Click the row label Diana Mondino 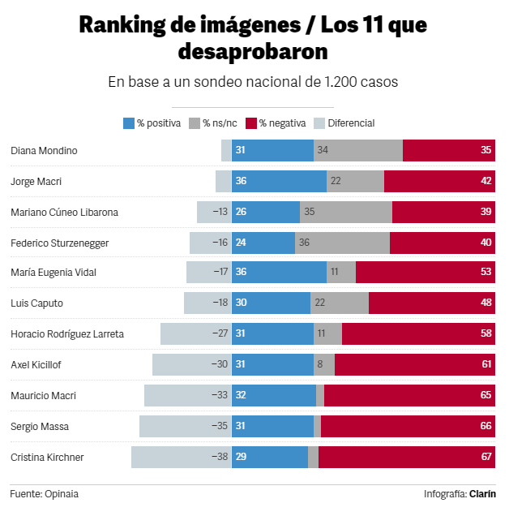[x=45, y=150]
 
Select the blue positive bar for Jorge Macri [x=279, y=181]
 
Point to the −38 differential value [x=219, y=457]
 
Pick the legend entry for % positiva [x=152, y=123]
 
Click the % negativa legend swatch [x=251, y=123]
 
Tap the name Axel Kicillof [x=36, y=364]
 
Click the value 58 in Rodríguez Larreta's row [x=486, y=333]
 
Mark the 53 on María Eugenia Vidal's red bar [x=486, y=273]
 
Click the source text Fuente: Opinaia [x=45, y=493]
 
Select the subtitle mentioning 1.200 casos [x=253, y=82]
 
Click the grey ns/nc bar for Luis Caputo [x=340, y=303]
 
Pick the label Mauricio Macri [x=43, y=395]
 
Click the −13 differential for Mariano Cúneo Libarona [x=220, y=212]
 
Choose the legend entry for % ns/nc [x=215, y=123]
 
